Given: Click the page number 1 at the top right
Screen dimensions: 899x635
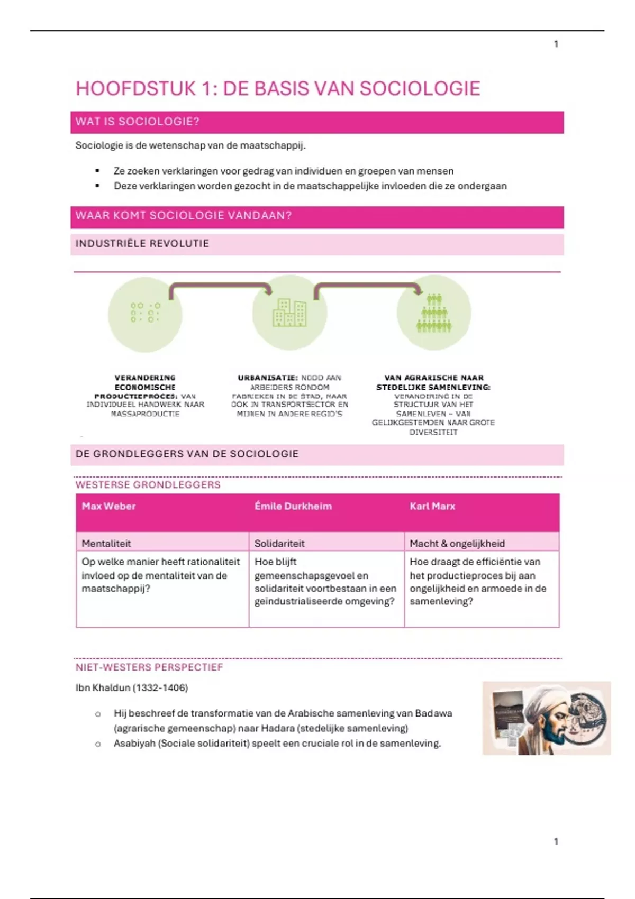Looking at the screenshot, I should (x=556, y=44).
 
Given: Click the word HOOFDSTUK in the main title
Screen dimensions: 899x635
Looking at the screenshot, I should (x=135, y=89).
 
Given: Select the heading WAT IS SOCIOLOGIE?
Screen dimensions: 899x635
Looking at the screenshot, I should (x=137, y=122).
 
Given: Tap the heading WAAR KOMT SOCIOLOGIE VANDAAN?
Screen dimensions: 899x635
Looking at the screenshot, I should (x=183, y=216).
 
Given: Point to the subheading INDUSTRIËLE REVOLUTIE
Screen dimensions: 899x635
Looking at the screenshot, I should (x=142, y=244).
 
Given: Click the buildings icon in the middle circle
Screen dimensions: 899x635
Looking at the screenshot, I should (x=289, y=313).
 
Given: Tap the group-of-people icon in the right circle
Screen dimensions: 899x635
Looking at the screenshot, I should (x=434, y=313).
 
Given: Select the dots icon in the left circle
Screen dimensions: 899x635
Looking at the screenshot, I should (x=145, y=313).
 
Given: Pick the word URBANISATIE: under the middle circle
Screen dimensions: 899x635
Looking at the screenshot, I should (x=268, y=378).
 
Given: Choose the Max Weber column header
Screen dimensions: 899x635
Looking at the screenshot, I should (x=108, y=506).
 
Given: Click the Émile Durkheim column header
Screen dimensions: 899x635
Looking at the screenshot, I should (x=293, y=506).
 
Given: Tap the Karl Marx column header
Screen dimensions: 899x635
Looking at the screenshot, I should (x=432, y=506).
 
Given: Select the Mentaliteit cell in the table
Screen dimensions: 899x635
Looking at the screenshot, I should (x=106, y=543).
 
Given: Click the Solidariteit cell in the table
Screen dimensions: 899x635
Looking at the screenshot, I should (x=279, y=543).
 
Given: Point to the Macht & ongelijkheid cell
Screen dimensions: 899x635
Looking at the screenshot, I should (x=457, y=543).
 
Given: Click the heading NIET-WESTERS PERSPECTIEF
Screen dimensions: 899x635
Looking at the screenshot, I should (x=149, y=667).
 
